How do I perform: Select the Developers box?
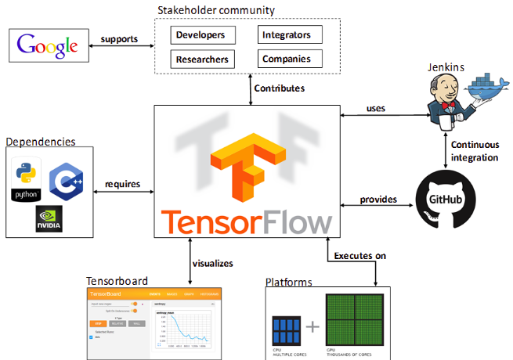[x=200, y=35]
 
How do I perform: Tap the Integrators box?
[x=287, y=35]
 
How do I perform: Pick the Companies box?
[x=287, y=59]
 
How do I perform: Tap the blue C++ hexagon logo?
[x=67, y=182]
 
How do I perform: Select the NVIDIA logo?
[x=49, y=218]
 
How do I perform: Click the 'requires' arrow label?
[x=122, y=185]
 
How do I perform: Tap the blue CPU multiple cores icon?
[x=287, y=329]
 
